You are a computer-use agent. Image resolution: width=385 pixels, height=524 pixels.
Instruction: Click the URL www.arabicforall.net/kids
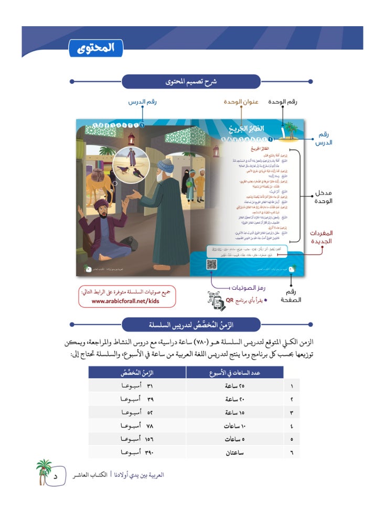click(126, 301)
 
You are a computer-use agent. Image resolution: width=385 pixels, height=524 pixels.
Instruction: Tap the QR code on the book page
click(212, 264)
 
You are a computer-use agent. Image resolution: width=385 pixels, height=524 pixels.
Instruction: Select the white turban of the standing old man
click(167, 167)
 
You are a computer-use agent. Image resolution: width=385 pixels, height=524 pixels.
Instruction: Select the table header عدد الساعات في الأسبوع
click(234, 372)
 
